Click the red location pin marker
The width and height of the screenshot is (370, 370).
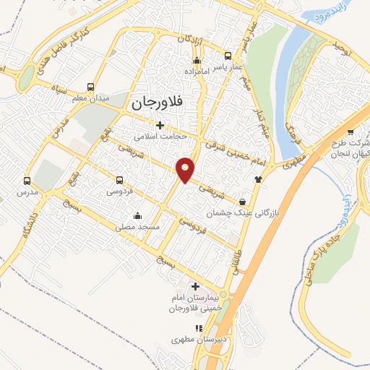[186, 170]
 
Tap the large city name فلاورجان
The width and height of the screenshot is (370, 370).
[157, 103]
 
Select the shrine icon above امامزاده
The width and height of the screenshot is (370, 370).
[197, 61]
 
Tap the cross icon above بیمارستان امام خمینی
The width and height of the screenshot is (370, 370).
[195, 286]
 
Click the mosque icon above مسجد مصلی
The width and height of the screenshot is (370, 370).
[137, 215]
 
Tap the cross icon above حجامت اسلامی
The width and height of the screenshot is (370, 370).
[160, 124]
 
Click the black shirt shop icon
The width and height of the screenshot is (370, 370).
[258, 178]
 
